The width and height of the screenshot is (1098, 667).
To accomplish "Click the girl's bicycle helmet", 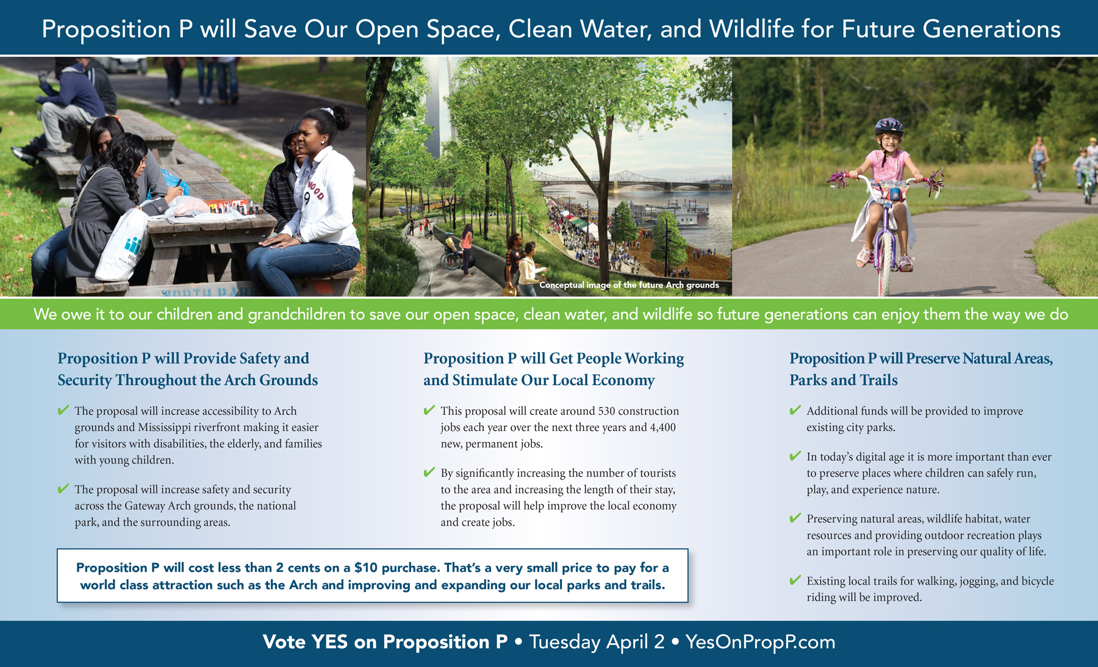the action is coord(889,126).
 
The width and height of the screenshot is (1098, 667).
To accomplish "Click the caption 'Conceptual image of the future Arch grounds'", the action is coord(629,285).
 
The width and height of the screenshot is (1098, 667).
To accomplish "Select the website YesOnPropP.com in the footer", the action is coord(760,642).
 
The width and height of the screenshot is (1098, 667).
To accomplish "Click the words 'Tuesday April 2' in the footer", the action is coord(597,642).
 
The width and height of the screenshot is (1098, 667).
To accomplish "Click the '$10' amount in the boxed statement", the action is coord(365,568).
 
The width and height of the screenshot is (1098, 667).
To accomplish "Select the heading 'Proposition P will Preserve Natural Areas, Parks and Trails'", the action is coord(921,369).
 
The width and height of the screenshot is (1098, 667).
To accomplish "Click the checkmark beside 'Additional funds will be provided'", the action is coord(795,410).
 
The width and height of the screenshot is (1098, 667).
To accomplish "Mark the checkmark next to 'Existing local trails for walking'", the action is coord(795,580).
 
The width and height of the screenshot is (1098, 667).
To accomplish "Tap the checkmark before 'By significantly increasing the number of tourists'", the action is coord(429,472).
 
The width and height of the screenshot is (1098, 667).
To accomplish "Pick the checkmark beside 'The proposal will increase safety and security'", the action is coord(63,488).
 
